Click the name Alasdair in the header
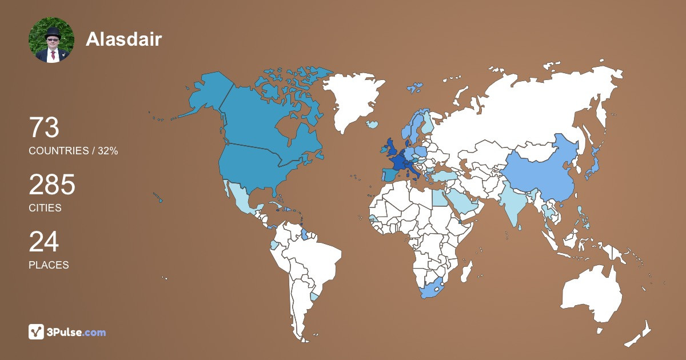pos(123,39)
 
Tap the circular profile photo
pos(51,40)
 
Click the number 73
pos(44,127)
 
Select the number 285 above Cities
pos(52,185)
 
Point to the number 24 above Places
pos(44,242)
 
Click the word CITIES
pos(45,208)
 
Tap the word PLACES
pos(49,265)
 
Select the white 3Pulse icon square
pos(37,332)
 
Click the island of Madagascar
pos(467,270)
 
